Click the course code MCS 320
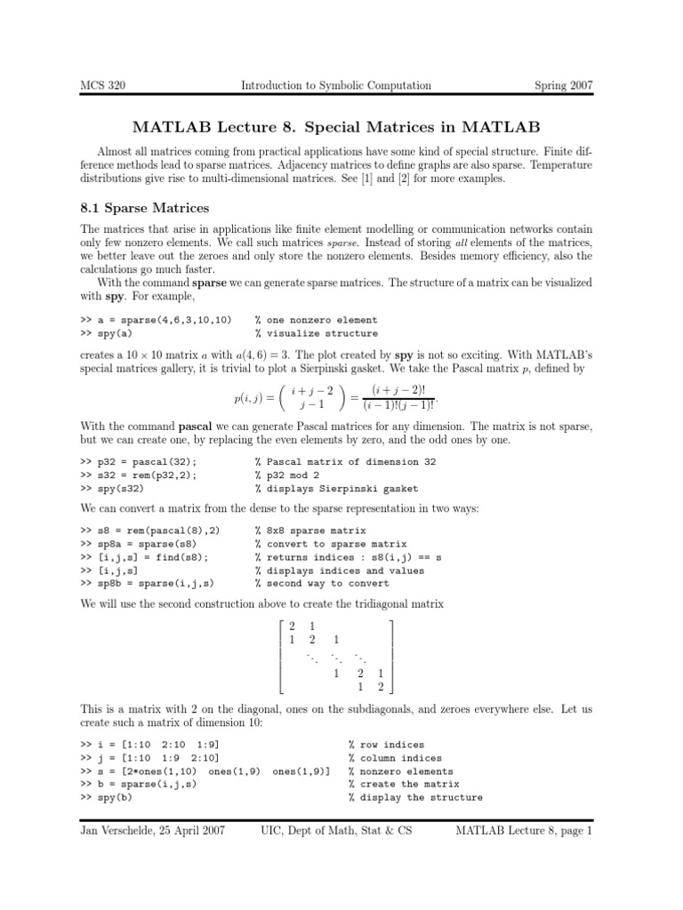tap(112, 85)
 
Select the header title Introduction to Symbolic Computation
tap(336, 85)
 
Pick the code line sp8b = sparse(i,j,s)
tap(151, 583)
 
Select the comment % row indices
tap(387, 745)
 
